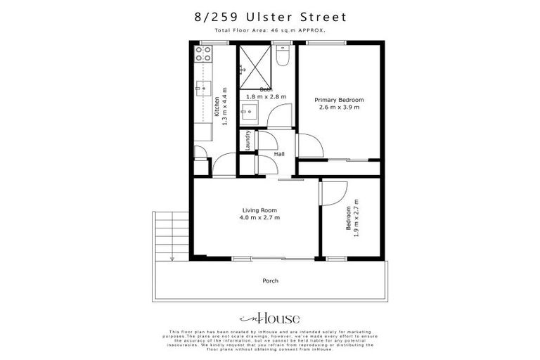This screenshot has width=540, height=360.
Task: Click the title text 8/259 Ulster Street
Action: (270, 16)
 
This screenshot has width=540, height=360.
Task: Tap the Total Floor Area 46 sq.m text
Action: (270, 32)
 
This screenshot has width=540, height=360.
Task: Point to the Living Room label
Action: (259, 210)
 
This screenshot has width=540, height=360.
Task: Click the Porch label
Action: (270, 281)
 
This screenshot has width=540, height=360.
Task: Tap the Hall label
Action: (279, 154)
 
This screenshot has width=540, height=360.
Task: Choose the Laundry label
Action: (248, 141)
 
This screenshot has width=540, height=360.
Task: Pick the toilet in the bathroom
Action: (283, 56)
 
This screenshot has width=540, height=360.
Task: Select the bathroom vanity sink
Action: (250, 110)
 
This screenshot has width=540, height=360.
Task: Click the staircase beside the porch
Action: (168, 236)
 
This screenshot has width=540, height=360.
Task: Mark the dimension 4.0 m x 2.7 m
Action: (261, 218)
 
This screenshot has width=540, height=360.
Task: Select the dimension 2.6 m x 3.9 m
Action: (340, 108)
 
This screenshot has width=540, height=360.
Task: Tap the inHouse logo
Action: (270, 317)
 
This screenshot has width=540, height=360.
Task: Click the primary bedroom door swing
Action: (309, 146)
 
